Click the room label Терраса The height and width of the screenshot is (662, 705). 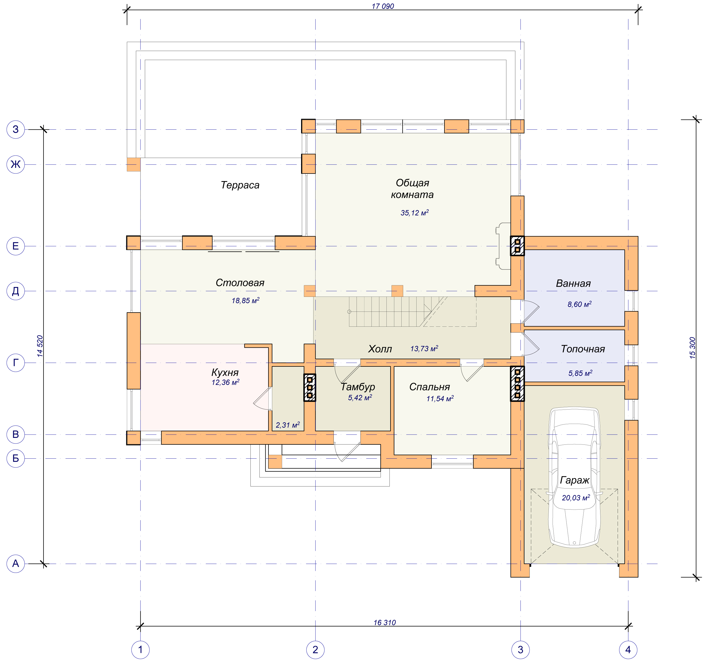[240, 185]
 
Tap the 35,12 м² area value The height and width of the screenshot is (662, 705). [415, 213]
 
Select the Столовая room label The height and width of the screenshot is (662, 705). [240, 283]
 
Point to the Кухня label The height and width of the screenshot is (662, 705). [225, 372]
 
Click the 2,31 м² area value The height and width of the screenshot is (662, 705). [288, 425]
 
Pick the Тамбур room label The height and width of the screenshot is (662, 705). [358, 387]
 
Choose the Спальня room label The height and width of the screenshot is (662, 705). [429, 387]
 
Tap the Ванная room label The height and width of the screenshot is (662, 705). [573, 283]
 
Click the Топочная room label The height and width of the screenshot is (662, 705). [583, 349]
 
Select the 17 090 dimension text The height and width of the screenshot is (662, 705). [383, 6]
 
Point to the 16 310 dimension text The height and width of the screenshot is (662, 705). [384, 623]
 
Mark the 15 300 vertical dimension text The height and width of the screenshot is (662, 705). [693, 348]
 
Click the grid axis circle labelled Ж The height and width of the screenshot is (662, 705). [16, 165]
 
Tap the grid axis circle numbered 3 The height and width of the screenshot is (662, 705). [520, 650]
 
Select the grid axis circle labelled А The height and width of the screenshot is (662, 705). [16, 563]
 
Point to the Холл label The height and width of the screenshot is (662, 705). [380, 349]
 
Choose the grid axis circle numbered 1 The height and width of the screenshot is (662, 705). [141, 650]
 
